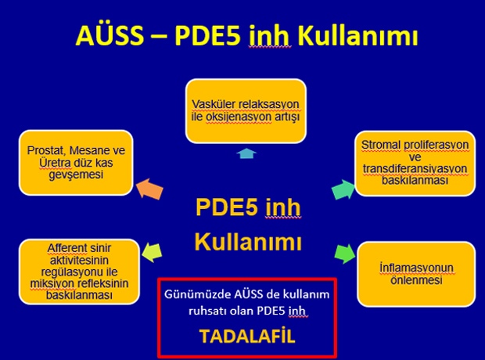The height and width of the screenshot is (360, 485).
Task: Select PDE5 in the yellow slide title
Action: click(x=207, y=35)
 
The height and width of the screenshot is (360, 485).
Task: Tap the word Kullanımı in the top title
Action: click(x=357, y=35)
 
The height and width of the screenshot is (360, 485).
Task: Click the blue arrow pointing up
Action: click(x=246, y=153)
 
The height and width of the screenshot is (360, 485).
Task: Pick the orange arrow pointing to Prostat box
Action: click(x=149, y=189)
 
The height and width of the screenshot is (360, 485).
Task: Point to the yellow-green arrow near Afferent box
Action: click(x=152, y=252)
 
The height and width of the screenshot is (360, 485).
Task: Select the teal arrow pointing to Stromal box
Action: click(x=343, y=189)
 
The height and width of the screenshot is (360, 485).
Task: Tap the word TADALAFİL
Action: click(x=247, y=337)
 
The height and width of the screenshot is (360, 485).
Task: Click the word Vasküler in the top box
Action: click(x=212, y=104)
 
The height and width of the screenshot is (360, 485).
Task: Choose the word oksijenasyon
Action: click(x=239, y=117)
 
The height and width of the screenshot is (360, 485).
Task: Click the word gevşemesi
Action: click(x=76, y=175)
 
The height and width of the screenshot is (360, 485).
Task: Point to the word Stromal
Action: click(x=379, y=145)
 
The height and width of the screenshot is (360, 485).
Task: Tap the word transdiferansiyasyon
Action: click(x=415, y=169)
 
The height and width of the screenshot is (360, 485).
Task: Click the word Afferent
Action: click(x=67, y=248)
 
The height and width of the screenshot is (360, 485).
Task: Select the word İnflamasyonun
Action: click(x=416, y=268)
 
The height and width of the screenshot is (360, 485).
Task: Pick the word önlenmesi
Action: click(x=416, y=280)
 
